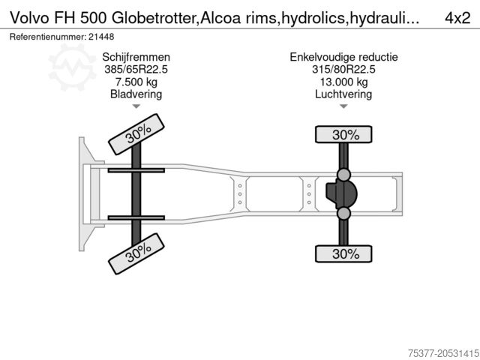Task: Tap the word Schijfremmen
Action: tap(136, 57)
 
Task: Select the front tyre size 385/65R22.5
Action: tap(136, 70)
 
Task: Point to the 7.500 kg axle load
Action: tap(136, 82)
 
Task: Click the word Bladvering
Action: tap(136, 94)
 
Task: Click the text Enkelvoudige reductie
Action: tap(343, 57)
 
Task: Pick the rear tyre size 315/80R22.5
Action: tap(343, 70)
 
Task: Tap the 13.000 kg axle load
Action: tap(343, 82)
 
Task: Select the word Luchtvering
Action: tap(343, 94)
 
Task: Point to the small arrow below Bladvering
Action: tap(136, 106)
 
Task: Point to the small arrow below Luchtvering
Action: tap(343, 106)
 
